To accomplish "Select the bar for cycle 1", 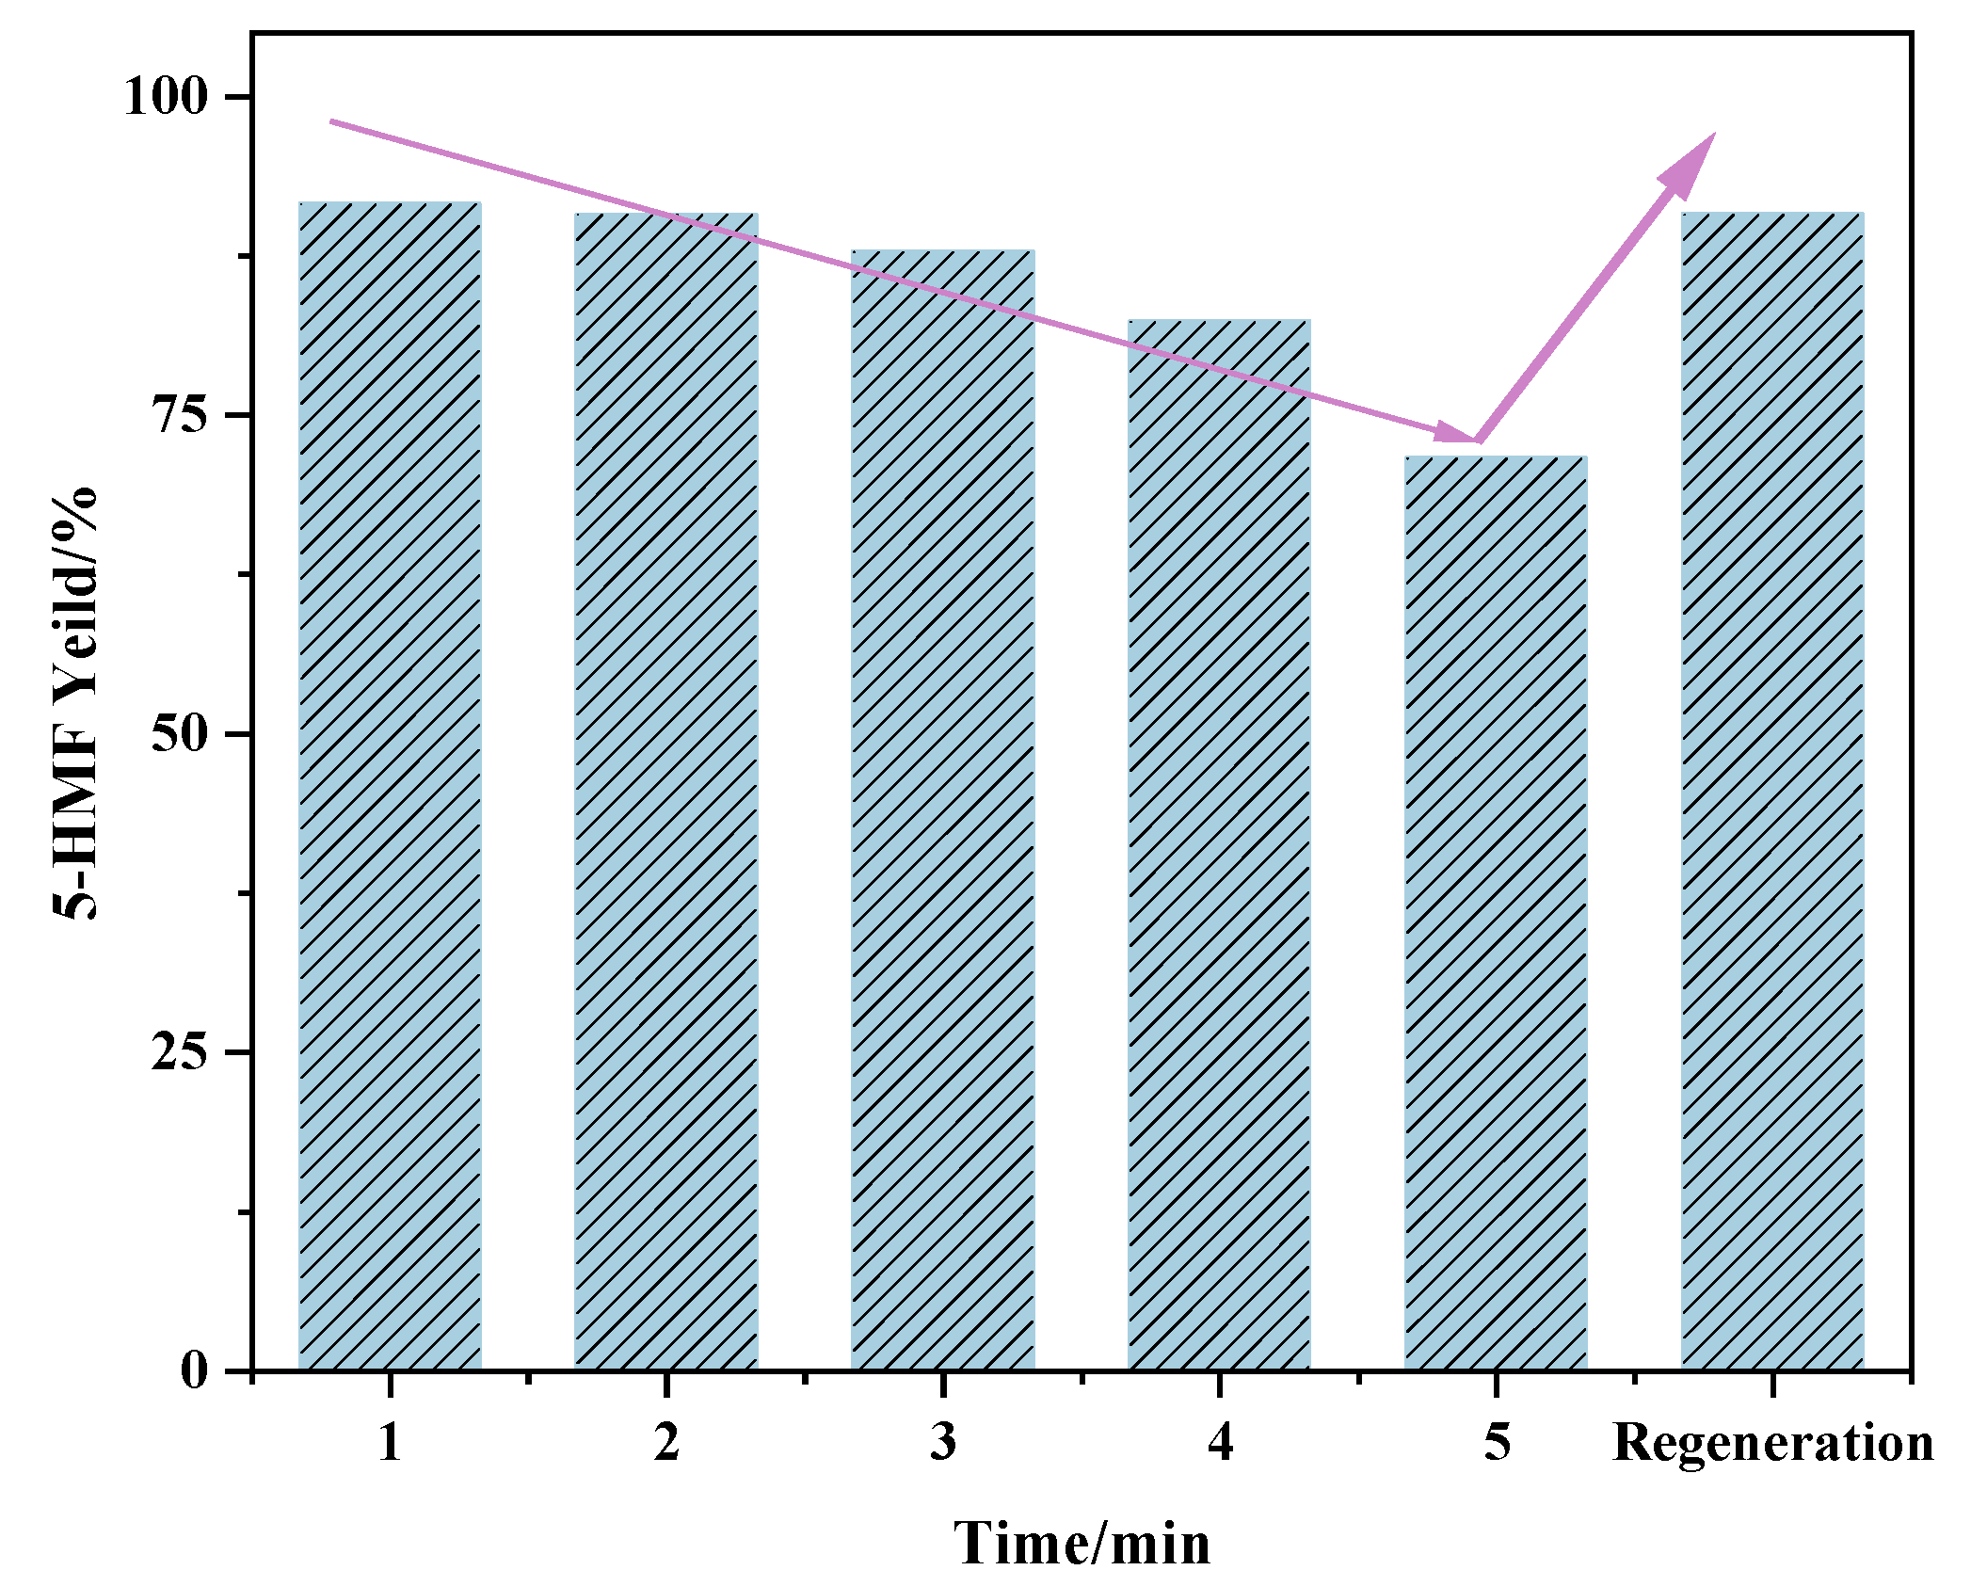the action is (390, 786).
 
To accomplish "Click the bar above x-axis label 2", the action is (666, 792).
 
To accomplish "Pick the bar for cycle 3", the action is (943, 809).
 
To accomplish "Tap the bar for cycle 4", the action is (1219, 844).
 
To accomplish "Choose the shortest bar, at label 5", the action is (1496, 913).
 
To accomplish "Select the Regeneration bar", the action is (1772, 791).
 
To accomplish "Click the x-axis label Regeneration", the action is (1773, 1444).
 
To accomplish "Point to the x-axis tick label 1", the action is (390, 1441).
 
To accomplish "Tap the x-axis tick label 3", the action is (943, 1441).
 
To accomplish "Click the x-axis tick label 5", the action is (1497, 1441).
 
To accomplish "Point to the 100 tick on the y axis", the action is (165, 96).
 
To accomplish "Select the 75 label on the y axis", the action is (179, 414).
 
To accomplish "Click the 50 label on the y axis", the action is (179, 733).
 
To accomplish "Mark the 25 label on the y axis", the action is (179, 1051).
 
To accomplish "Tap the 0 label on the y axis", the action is (194, 1370).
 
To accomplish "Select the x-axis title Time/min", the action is (1082, 1544).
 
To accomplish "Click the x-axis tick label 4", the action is (1220, 1441).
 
